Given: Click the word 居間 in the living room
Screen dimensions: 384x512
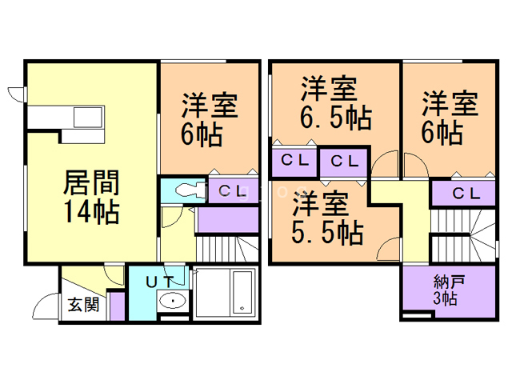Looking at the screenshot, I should coord(91,185).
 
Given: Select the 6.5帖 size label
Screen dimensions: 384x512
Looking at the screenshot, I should coord(335,118).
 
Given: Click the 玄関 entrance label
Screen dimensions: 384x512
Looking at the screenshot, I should coord(82,306).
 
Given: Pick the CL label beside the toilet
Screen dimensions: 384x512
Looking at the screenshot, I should coord(234,190).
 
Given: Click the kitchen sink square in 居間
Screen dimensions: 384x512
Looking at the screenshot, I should coord(87,118).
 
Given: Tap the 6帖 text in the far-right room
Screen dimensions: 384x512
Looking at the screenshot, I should coord(441,132).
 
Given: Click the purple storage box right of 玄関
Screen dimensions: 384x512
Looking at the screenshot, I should coord(117,306).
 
